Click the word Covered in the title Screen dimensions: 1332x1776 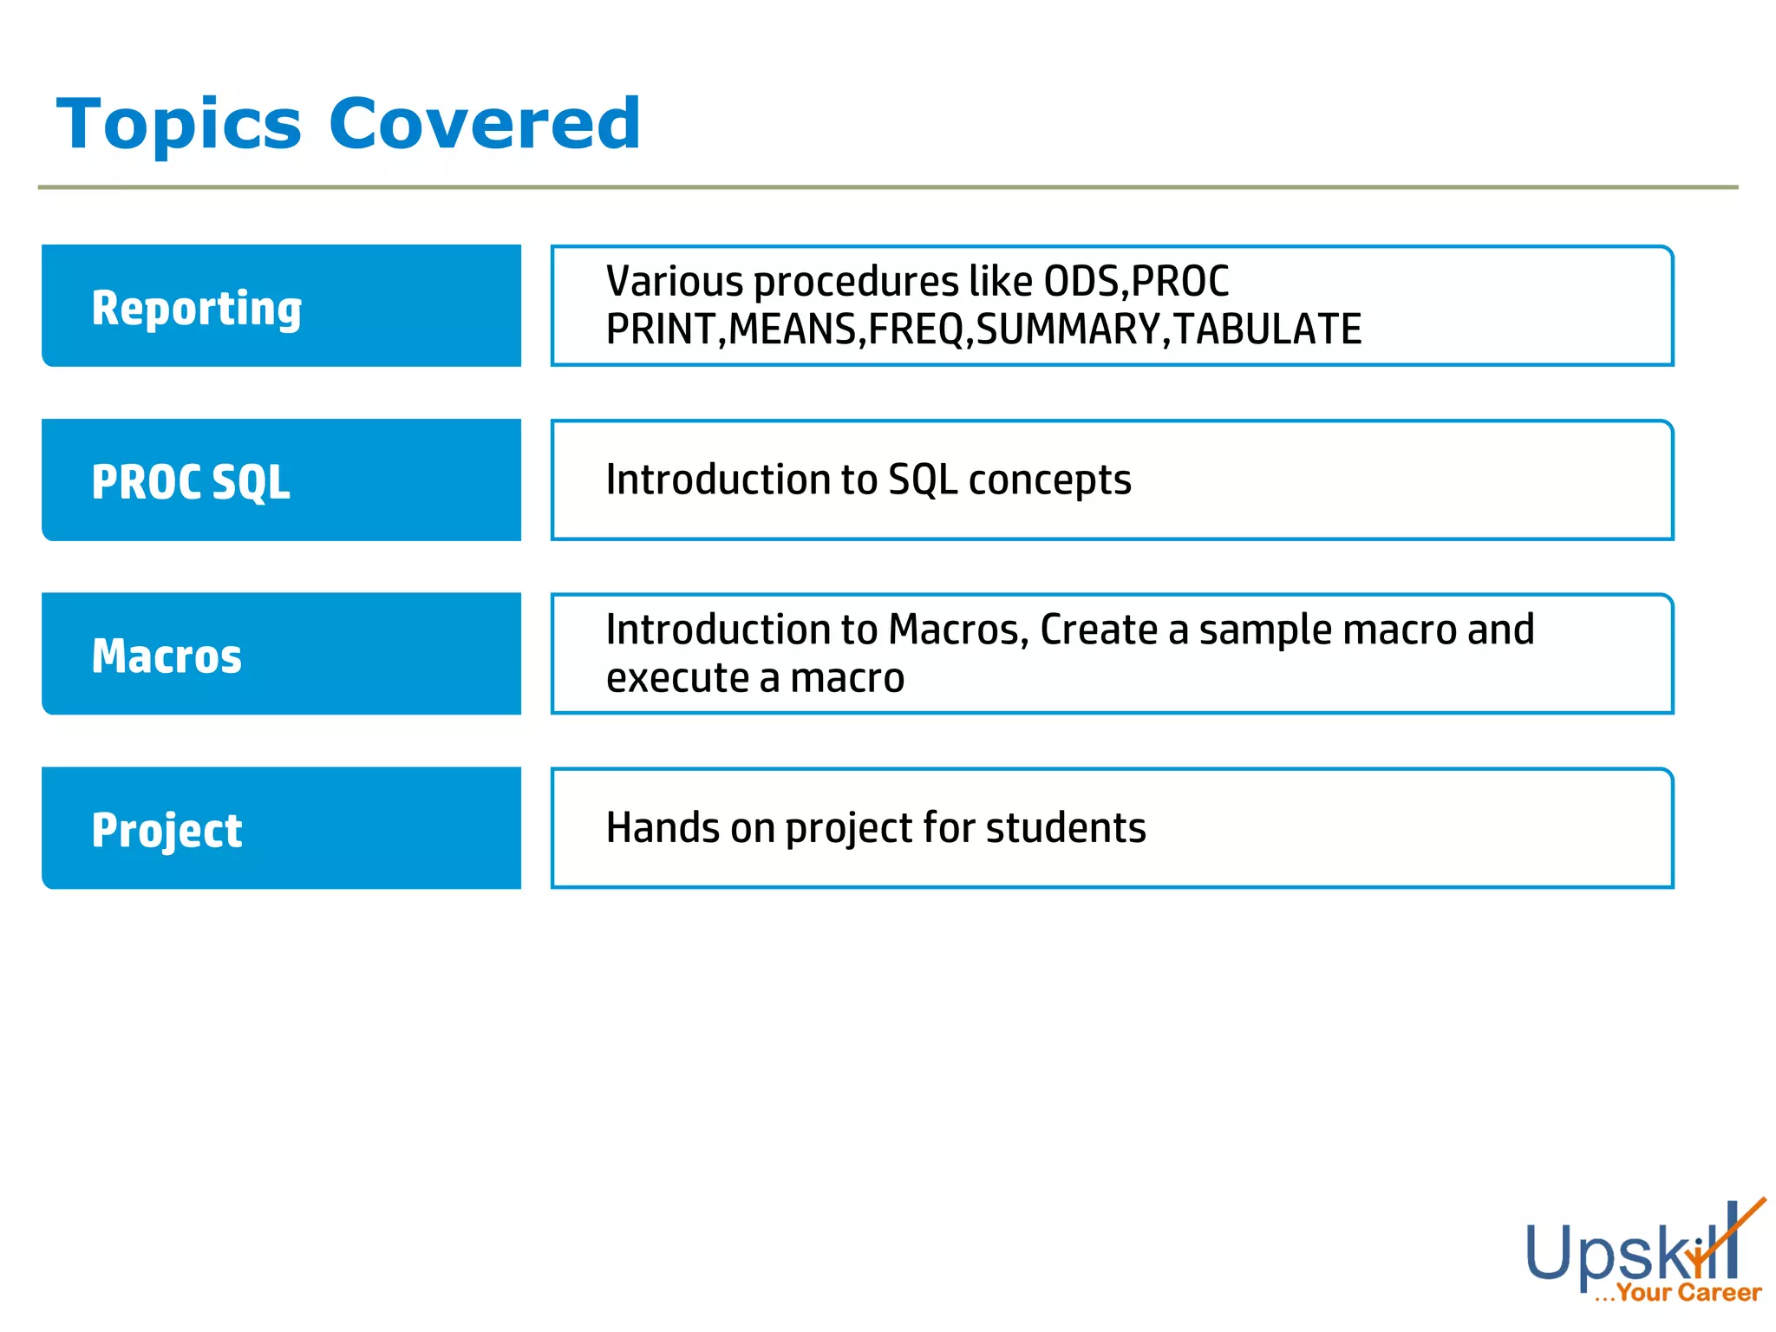[485, 124]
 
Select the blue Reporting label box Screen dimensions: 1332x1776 [281, 306]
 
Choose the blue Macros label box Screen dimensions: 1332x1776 [281, 655]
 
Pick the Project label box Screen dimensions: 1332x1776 [281, 828]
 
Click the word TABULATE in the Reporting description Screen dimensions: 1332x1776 [1267, 330]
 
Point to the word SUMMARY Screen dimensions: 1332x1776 [1068, 330]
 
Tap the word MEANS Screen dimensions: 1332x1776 [793, 330]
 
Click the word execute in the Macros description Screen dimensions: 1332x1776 [676, 678]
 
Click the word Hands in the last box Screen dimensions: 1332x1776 [662, 828]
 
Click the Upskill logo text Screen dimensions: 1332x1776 [1622, 1253]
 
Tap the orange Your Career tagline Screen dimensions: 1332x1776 [1688, 1293]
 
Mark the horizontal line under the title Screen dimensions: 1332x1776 [888, 187]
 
